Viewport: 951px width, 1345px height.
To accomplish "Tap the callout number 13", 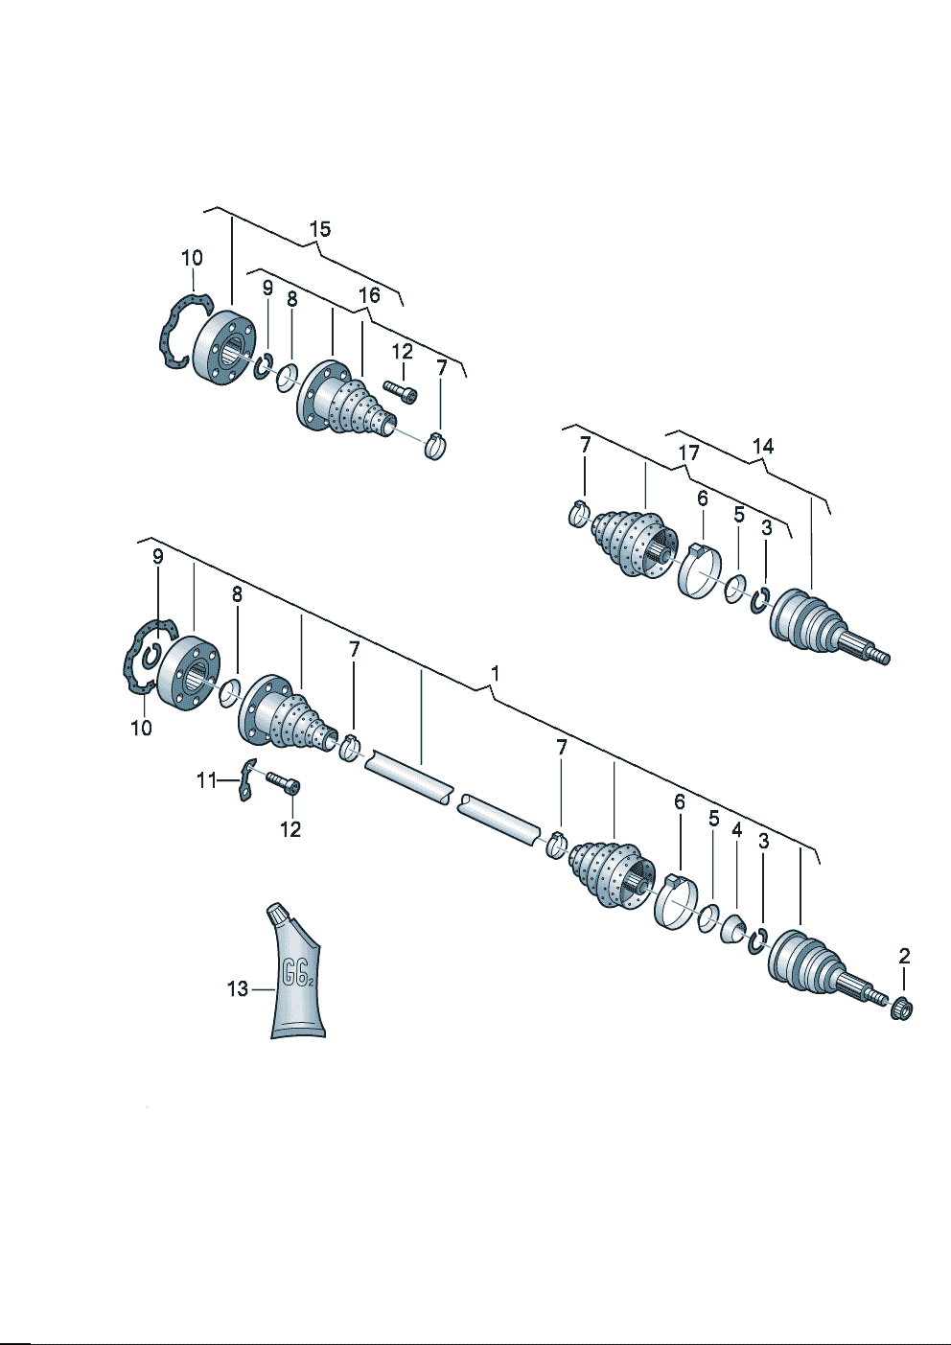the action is pyautogui.click(x=237, y=988).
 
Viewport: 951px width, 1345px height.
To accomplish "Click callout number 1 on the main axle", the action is pyautogui.click(x=495, y=674).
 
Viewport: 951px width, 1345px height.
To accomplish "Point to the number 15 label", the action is pyautogui.click(x=320, y=229).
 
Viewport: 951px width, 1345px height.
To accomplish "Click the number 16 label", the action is pyautogui.click(x=369, y=295).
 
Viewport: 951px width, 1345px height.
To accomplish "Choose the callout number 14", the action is pyautogui.click(x=763, y=446).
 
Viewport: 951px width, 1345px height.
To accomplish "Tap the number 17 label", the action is pyautogui.click(x=688, y=452).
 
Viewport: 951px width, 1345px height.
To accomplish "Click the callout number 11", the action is pyautogui.click(x=207, y=780).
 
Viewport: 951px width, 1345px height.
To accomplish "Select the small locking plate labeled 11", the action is pyautogui.click(x=245, y=779).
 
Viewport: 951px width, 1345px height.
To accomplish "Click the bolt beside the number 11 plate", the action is pyautogui.click(x=284, y=784).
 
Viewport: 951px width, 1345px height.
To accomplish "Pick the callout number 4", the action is pyautogui.click(x=736, y=830).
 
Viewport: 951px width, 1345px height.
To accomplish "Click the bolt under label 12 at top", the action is pyautogui.click(x=400, y=391).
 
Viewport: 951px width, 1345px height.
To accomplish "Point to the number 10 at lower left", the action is pyautogui.click(x=142, y=729).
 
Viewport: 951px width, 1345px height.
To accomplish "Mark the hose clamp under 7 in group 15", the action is pyautogui.click(x=437, y=445).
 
